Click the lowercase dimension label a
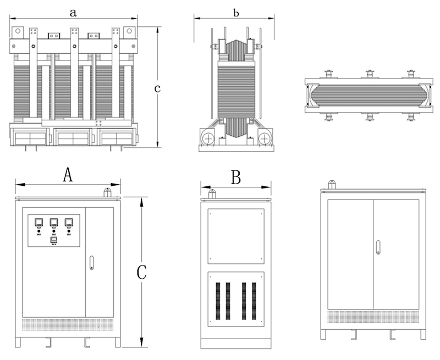pos(73,11)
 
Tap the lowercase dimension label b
pos(236,12)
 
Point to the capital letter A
pos(68,175)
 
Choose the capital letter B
pos(236,178)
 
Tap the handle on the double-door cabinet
pos(378,248)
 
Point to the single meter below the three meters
pos(54,240)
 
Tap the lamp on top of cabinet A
pos(108,192)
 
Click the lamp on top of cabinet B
pos(211,193)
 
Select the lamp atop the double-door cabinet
pos(332,185)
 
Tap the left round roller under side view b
pos(208,139)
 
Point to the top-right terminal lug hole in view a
pos(130,32)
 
